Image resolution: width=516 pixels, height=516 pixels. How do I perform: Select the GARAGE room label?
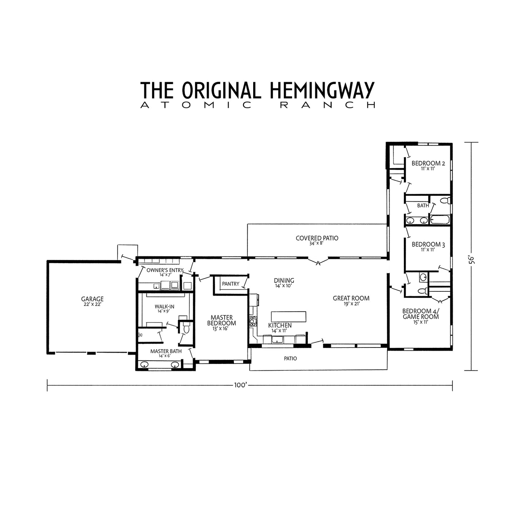pos(92,299)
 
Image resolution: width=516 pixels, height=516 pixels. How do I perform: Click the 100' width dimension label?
pos(241,385)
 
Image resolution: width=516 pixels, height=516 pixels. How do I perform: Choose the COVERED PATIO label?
pos(317,238)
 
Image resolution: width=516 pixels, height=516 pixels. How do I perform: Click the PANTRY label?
pos(231,284)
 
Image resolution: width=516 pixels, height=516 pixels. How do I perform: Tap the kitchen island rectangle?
pos(289,316)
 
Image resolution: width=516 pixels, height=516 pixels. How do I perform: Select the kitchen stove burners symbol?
pos(253,321)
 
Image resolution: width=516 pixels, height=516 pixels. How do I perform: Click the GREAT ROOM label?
pos(351,298)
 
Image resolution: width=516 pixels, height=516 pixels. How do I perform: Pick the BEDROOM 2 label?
pos(428,164)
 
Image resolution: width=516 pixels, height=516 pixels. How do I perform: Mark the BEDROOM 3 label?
pos(428,245)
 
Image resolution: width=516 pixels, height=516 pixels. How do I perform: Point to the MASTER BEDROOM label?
pos(221,320)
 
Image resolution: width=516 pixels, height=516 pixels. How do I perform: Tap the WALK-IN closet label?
pos(164,306)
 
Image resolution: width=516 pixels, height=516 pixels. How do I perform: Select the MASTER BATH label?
pos(166,351)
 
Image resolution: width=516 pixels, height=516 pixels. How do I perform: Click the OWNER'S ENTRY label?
pos(165,270)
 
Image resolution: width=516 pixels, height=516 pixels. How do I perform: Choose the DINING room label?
pos(284,281)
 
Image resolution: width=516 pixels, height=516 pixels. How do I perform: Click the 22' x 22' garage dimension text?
pos(92,304)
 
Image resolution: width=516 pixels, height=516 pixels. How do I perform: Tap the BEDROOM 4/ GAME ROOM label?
pos(421,314)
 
